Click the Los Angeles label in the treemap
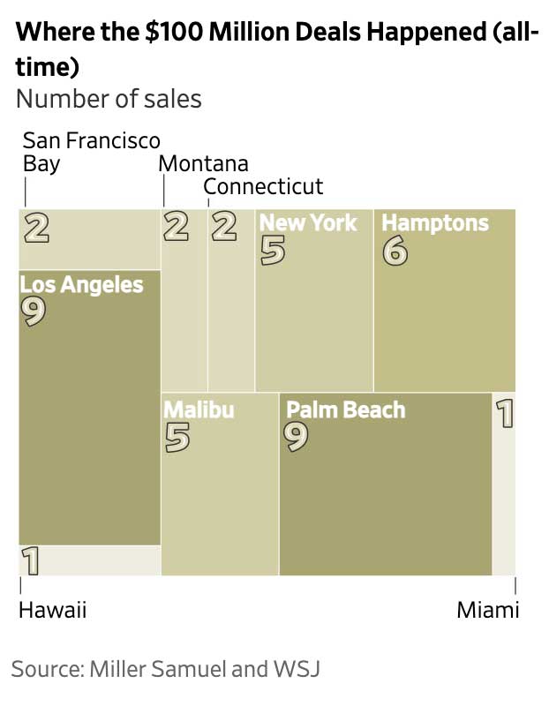tap(81, 285)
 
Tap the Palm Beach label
tap(346, 409)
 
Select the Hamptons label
tap(434, 222)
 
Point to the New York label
tap(308, 222)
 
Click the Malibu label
tap(199, 409)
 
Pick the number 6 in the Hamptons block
tap(395, 252)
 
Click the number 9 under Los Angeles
tap(34, 312)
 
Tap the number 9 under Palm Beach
tap(297, 438)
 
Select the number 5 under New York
tap(273, 252)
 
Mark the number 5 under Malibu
tap(177, 438)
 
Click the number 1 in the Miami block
tap(505, 413)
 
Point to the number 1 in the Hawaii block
tap(30, 560)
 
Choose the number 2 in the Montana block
tap(176, 227)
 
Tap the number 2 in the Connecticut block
tap(224, 227)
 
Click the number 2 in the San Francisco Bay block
tap(36, 227)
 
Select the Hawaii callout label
tap(53, 610)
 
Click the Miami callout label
tap(487, 610)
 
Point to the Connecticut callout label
tap(263, 187)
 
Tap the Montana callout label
tap(203, 163)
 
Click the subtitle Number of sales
tap(109, 98)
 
